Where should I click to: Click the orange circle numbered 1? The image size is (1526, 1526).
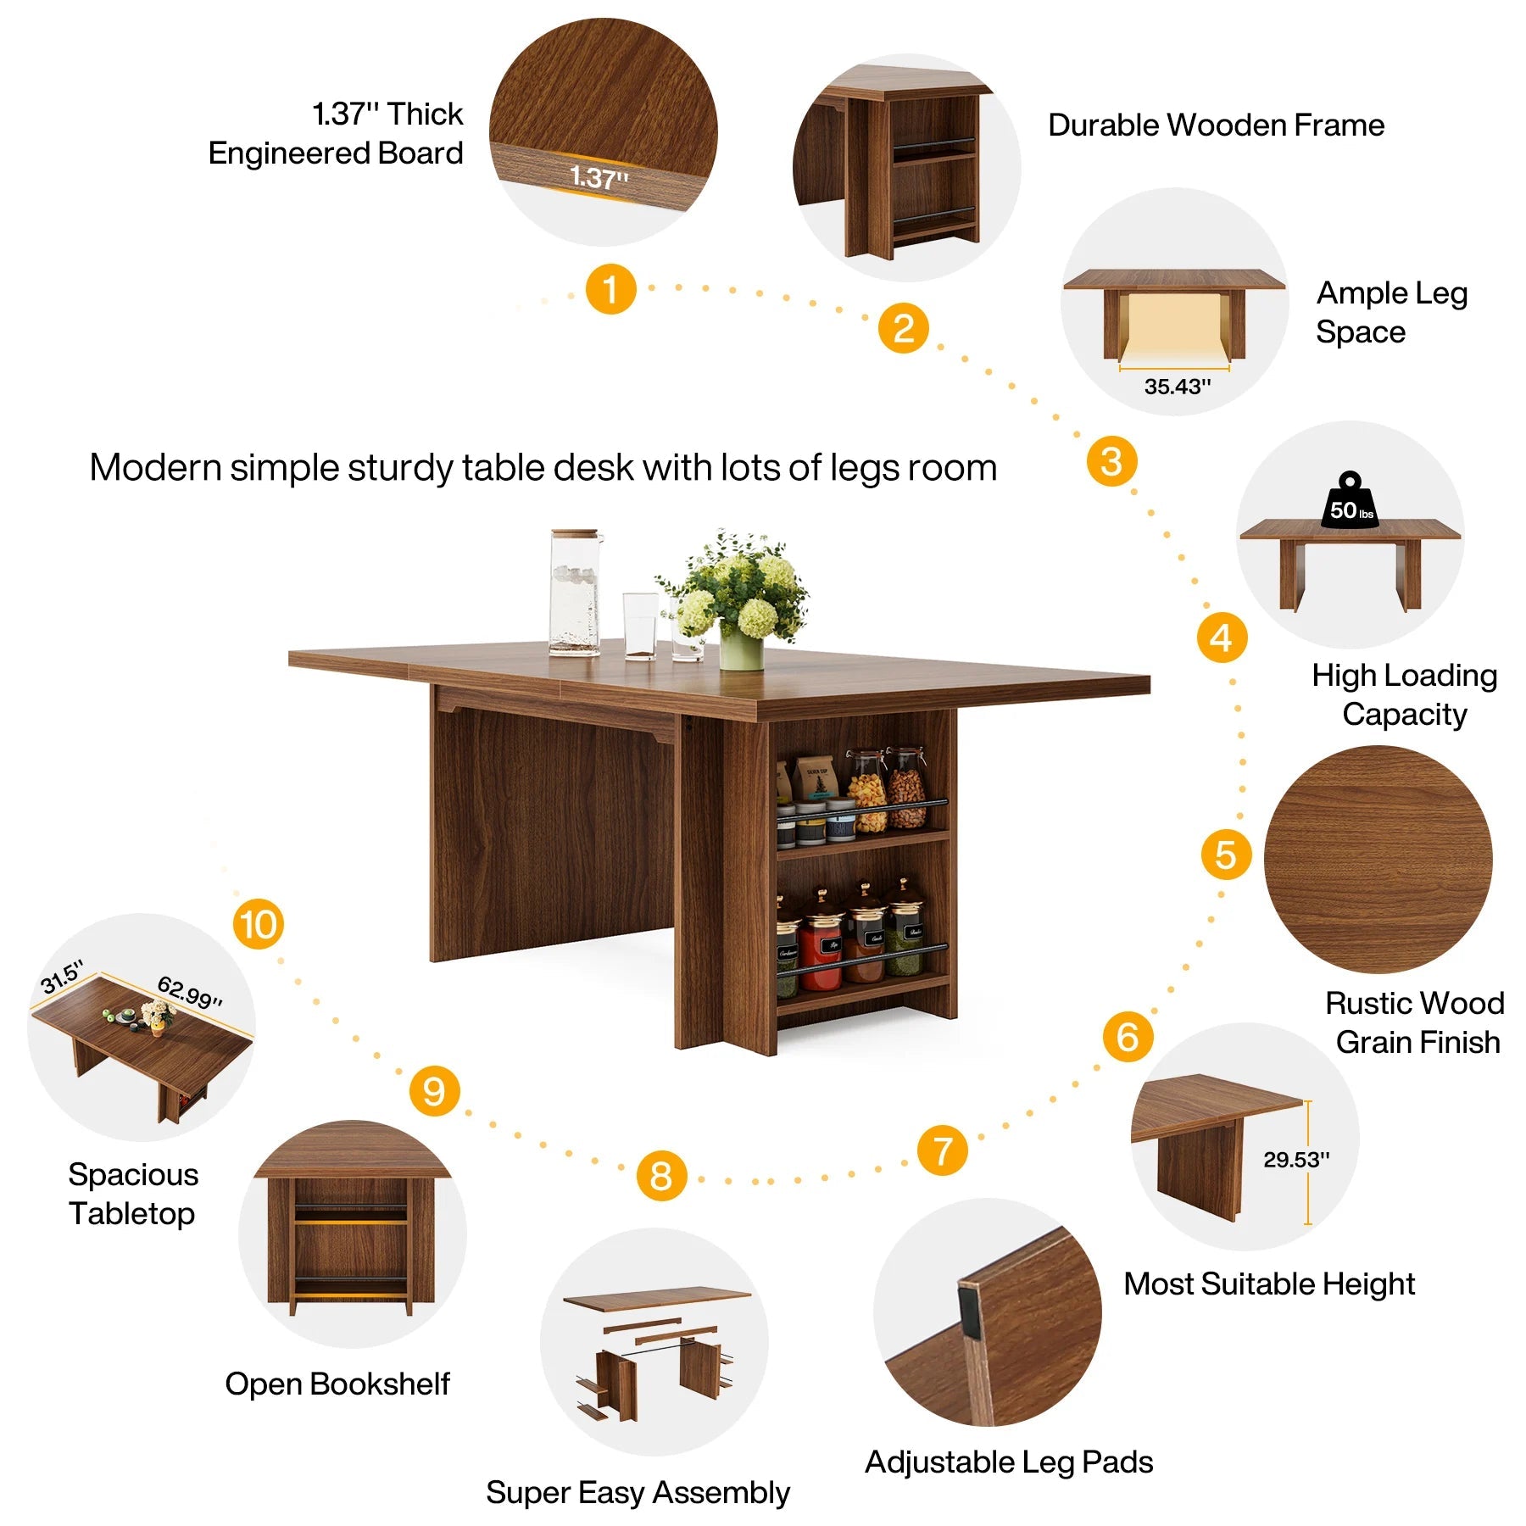[610, 289]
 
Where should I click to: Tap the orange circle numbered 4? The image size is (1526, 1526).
[1222, 638]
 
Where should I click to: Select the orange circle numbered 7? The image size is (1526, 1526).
[942, 1150]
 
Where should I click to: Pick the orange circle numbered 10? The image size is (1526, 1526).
[259, 924]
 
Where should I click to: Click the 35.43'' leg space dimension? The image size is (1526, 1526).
[1177, 387]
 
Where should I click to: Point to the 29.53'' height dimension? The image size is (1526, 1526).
[1296, 1159]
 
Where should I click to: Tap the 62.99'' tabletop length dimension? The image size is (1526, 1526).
[190, 992]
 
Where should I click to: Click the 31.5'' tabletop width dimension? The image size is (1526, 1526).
[62, 977]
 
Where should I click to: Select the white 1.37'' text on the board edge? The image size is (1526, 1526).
[599, 177]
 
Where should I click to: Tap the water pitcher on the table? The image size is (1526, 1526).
[574, 592]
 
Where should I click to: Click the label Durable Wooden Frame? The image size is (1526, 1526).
[1216, 125]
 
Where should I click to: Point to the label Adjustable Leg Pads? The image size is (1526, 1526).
[1009, 1462]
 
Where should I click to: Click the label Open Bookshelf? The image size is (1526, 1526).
[337, 1384]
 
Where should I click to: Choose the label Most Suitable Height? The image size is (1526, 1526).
[1269, 1284]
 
